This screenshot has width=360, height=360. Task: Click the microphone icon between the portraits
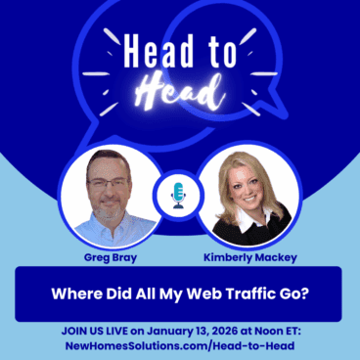click(179, 195)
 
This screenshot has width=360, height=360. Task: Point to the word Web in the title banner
click(185, 292)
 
